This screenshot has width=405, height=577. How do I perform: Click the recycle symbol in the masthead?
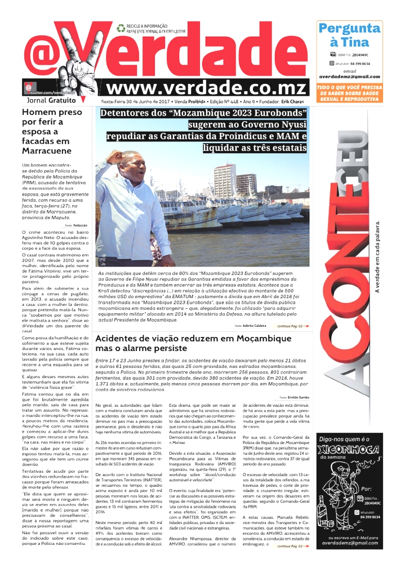coord(121,28)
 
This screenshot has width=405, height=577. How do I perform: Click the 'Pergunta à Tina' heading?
coord(349,35)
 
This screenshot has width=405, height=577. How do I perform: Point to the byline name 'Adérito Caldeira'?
coord(255,326)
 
